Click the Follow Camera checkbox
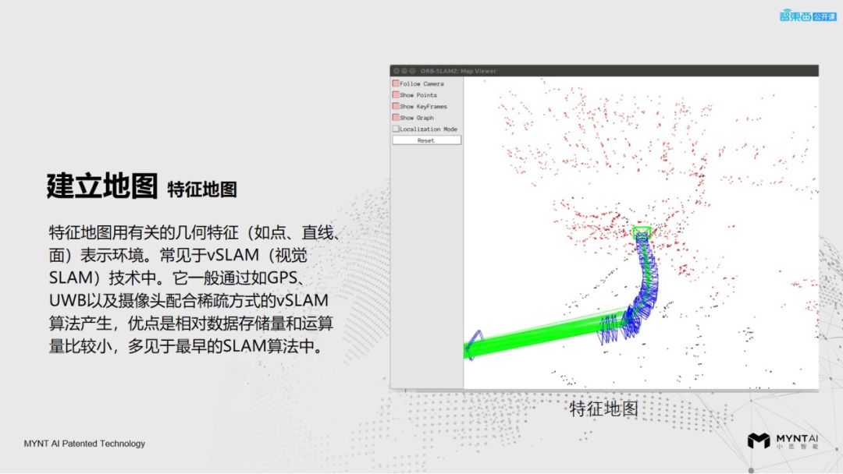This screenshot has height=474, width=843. click(396, 83)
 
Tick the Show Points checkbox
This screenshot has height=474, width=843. click(396, 95)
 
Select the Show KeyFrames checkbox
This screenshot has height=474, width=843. click(396, 106)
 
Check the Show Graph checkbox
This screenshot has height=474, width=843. click(396, 118)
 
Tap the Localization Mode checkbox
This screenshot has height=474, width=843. click(396, 129)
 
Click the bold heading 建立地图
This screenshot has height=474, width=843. click(101, 186)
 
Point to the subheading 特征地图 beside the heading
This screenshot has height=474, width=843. click(201, 189)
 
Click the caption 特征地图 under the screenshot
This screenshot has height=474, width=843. click(604, 408)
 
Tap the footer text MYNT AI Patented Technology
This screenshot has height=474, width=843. click(84, 444)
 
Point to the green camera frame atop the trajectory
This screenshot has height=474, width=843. click(642, 232)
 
